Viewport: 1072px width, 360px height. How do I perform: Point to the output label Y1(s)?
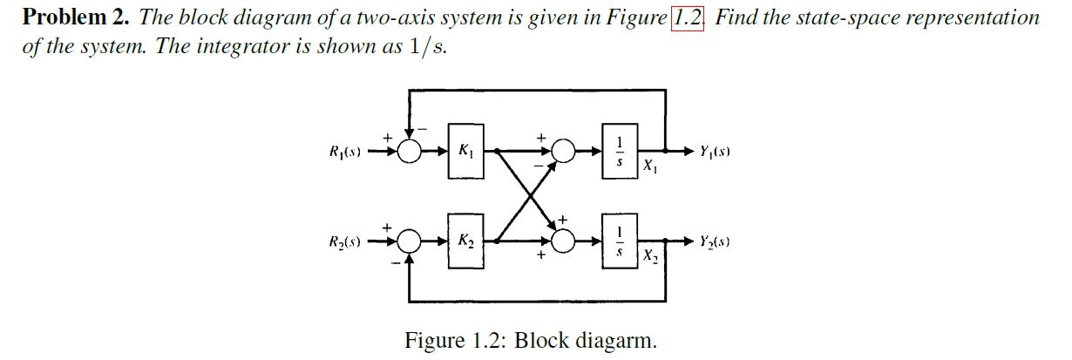pyautogui.click(x=715, y=152)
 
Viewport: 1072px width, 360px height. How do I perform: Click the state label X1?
pyautogui.click(x=650, y=166)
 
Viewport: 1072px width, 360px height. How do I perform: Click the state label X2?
pyautogui.click(x=650, y=255)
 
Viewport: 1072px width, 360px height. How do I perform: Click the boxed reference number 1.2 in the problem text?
pyautogui.click(x=687, y=17)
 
